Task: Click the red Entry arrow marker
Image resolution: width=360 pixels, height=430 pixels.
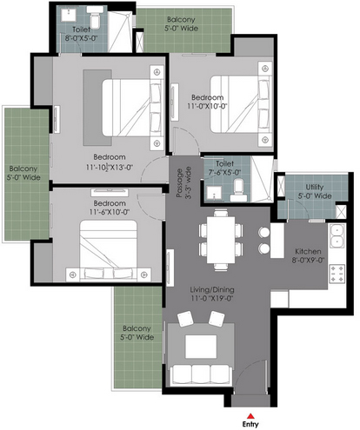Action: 251,416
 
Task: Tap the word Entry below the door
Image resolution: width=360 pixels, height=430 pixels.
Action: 250,424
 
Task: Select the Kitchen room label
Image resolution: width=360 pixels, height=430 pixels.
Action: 308,251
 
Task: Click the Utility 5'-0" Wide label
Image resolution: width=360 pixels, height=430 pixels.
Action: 315,191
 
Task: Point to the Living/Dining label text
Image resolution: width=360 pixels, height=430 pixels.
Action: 212,289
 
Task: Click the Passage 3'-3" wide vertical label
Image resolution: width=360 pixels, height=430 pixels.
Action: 183,182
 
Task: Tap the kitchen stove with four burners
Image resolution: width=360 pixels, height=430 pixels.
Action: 337,274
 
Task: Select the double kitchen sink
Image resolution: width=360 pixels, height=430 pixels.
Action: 337,236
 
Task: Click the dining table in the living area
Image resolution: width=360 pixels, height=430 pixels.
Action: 221,240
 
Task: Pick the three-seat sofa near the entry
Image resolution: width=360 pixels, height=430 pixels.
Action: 201,374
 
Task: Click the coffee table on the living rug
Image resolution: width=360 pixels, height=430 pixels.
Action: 201,347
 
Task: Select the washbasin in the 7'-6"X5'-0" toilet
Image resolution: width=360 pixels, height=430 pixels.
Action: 214,193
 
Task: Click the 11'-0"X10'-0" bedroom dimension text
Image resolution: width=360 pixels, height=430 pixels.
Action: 207,106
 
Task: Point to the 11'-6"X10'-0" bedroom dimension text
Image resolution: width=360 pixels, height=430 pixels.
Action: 110,212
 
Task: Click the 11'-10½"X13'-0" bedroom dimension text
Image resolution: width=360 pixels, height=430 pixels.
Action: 110,167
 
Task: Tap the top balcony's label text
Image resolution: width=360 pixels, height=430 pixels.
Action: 181,24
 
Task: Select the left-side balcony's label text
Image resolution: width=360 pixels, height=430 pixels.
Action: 23,173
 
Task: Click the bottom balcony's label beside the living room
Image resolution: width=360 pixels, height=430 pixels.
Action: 137,333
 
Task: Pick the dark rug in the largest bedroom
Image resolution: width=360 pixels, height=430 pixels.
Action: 97,108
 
